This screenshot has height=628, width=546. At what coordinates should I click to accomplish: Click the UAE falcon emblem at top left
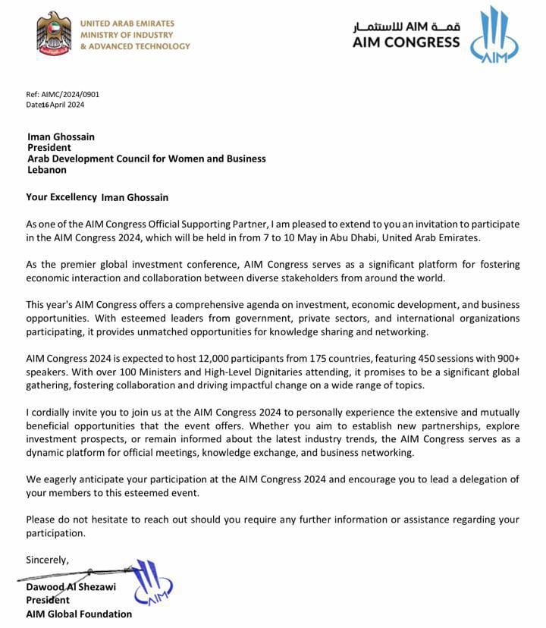(x=52, y=33)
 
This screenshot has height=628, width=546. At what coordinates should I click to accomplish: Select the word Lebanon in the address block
(x=46, y=170)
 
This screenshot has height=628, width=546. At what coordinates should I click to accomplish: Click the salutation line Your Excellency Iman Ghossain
(x=97, y=197)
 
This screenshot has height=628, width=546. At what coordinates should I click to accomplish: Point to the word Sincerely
(x=47, y=560)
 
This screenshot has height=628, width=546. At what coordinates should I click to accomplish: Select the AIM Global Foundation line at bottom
(x=79, y=614)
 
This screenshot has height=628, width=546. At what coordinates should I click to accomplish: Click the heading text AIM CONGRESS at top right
(x=406, y=42)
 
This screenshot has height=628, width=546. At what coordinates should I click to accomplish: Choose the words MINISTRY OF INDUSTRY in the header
(x=127, y=35)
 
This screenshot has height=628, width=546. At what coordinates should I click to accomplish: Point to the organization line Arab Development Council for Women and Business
(x=146, y=159)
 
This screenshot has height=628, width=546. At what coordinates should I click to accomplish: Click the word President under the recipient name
(x=49, y=148)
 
